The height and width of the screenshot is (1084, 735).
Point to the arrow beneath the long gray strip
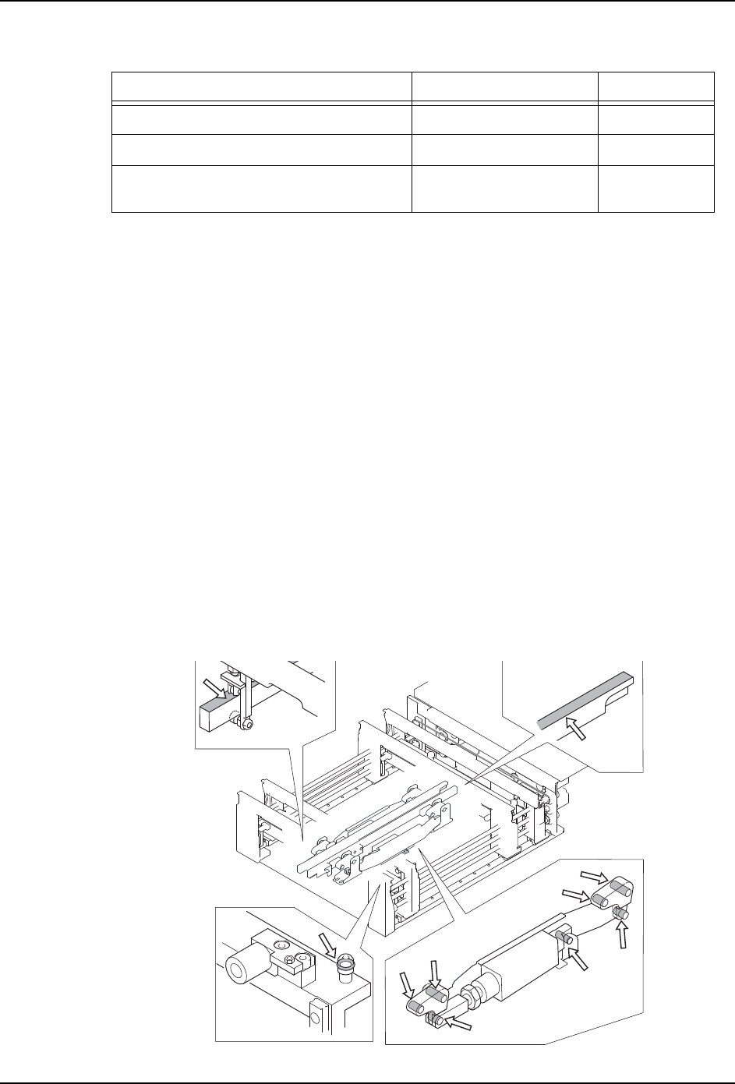[575, 736]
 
